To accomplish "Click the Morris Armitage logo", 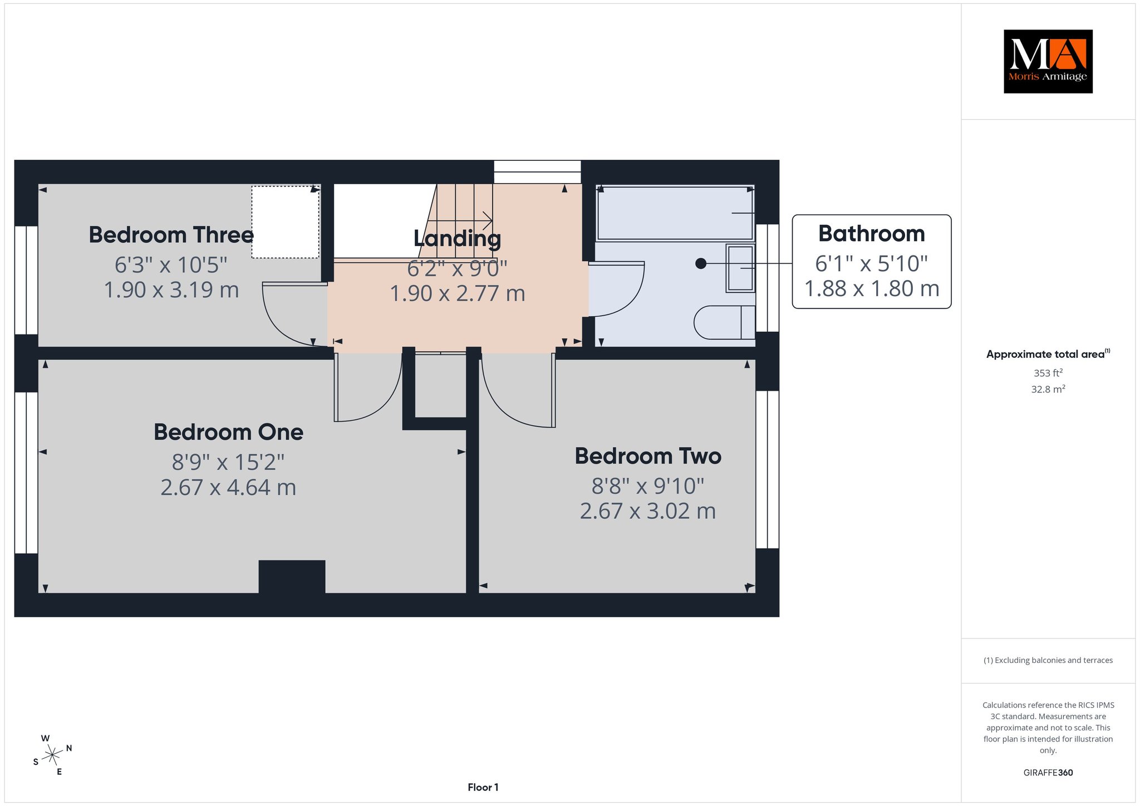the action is (1048, 61).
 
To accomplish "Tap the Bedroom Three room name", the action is (171, 235).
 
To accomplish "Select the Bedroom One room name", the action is (228, 432).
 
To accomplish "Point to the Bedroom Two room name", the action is (648, 456).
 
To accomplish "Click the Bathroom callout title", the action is (871, 234).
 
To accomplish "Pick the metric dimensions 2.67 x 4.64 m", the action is (228, 488).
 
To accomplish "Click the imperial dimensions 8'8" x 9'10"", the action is (648, 486).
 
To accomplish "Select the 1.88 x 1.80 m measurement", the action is (872, 288).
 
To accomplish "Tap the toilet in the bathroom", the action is (724, 322).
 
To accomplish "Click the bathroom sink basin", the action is (740, 268).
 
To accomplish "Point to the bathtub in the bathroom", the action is (675, 213).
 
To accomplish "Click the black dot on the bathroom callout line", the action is (701, 263).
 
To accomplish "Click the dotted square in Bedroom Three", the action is (285, 222).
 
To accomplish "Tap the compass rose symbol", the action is (52, 755).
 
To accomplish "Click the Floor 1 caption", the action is (483, 787).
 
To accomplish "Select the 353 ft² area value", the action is (1048, 373).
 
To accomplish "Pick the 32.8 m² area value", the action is (1048, 389).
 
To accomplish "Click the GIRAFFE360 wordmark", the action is (1048, 773).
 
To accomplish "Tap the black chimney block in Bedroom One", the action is (292, 577).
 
